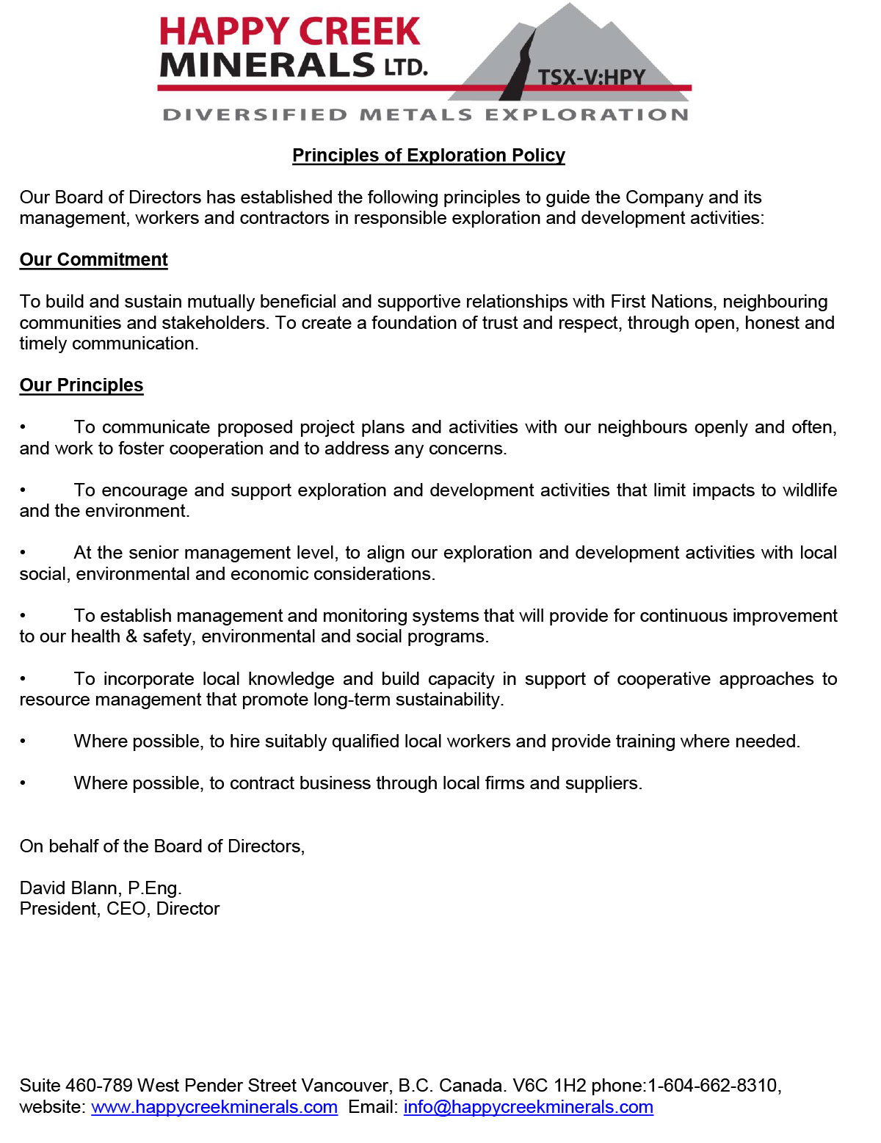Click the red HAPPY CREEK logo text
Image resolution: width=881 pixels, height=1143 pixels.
(x=289, y=32)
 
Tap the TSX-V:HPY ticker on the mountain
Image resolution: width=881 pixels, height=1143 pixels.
(x=591, y=77)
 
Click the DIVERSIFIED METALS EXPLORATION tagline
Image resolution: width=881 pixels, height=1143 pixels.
(x=425, y=115)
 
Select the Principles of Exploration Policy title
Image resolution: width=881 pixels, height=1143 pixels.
(x=429, y=156)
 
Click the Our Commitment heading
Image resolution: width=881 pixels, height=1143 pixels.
(x=93, y=260)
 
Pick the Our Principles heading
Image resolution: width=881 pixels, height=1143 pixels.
(x=81, y=385)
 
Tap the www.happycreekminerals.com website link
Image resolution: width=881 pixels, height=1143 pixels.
(x=214, y=1107)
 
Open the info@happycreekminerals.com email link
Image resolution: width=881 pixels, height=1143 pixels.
(x=528, y=1107)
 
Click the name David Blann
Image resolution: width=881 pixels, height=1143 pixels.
(x=70, y=888)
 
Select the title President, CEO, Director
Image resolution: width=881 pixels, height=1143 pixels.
(x=120, y=909)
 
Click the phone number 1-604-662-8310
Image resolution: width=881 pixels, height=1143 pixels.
(x=712, y=1086)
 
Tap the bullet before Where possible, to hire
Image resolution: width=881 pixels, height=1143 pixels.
(x=23, y=741)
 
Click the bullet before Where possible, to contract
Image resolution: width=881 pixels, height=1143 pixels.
(x=23, y=783)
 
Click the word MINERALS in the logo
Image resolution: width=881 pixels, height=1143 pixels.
(x=267, y=66)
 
